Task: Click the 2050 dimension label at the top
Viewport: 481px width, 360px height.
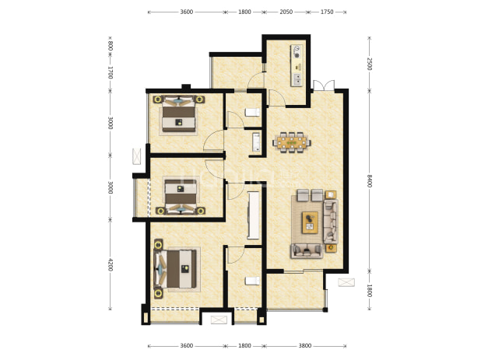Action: pos(286,12)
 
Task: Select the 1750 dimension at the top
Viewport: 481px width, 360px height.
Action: pos(327,12)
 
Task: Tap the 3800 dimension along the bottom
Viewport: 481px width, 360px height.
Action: pos(305,345)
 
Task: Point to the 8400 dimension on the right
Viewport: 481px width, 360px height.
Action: pos(370,180)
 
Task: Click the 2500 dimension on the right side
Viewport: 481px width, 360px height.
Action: pos(370,64)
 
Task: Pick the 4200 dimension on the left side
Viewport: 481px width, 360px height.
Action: pos(111,264)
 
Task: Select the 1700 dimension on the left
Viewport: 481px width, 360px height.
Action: pos(111,72)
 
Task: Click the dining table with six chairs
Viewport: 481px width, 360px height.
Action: pos(292,142)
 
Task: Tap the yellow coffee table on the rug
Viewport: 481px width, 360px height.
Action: pos(310,222)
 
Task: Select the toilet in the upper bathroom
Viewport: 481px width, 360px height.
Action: pos(252,113)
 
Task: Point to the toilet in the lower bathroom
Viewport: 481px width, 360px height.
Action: pos(252,281)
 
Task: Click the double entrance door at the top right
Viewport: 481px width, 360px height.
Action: pos(324,86)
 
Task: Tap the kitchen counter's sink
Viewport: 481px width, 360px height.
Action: pos(297,79)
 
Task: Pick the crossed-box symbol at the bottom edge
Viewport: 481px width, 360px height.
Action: pos(219,320)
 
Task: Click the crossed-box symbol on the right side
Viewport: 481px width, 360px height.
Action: pos(346,282)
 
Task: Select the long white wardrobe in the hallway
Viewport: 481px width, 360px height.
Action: pos(254,215)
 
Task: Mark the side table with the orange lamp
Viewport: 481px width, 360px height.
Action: pos(331,247)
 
